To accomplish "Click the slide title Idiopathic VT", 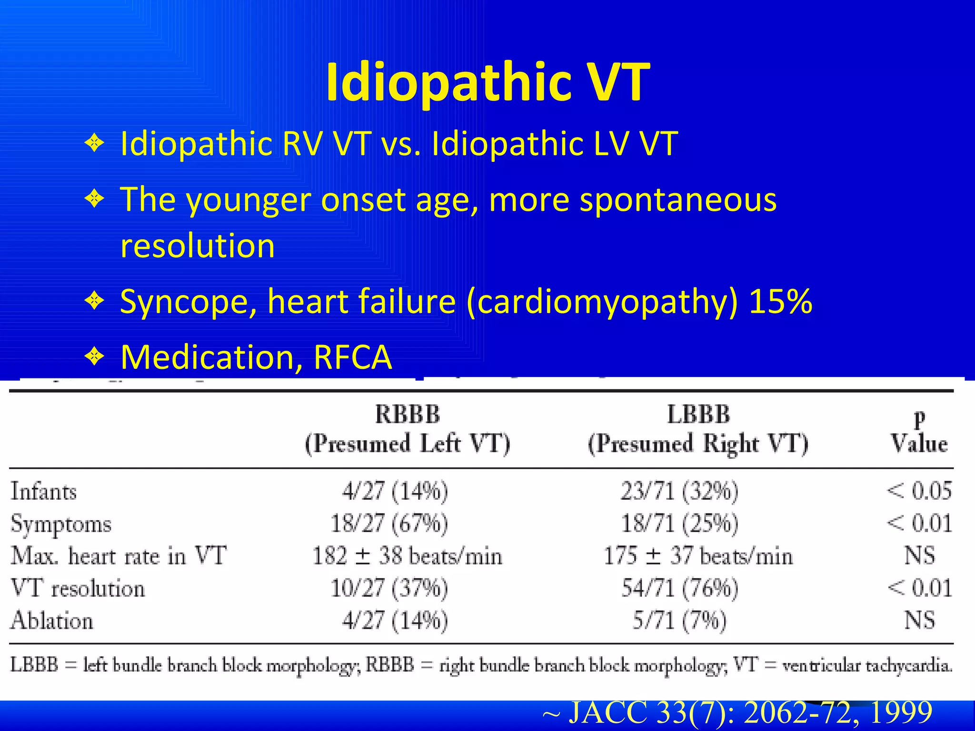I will click(487, 82).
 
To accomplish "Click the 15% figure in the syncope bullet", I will click(780, 302).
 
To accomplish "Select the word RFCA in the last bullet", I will click(353, 357).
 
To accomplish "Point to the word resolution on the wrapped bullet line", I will click(198, 246).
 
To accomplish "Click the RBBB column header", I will click(407, 414).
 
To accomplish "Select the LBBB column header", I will click(698, 414).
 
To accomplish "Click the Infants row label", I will click(44, 491).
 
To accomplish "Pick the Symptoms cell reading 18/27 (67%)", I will click(389, 524).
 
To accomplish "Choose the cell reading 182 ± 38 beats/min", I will click(407, 556).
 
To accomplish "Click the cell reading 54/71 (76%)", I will click(680, 588).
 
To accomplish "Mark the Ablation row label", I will click(52, 621).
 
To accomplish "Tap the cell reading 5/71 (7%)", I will click(679, 621).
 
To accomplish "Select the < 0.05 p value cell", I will click(919, 491).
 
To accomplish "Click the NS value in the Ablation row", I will click(919, 621).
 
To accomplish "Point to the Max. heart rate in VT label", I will click(119, 556).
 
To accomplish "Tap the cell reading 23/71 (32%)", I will click(679, 491).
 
